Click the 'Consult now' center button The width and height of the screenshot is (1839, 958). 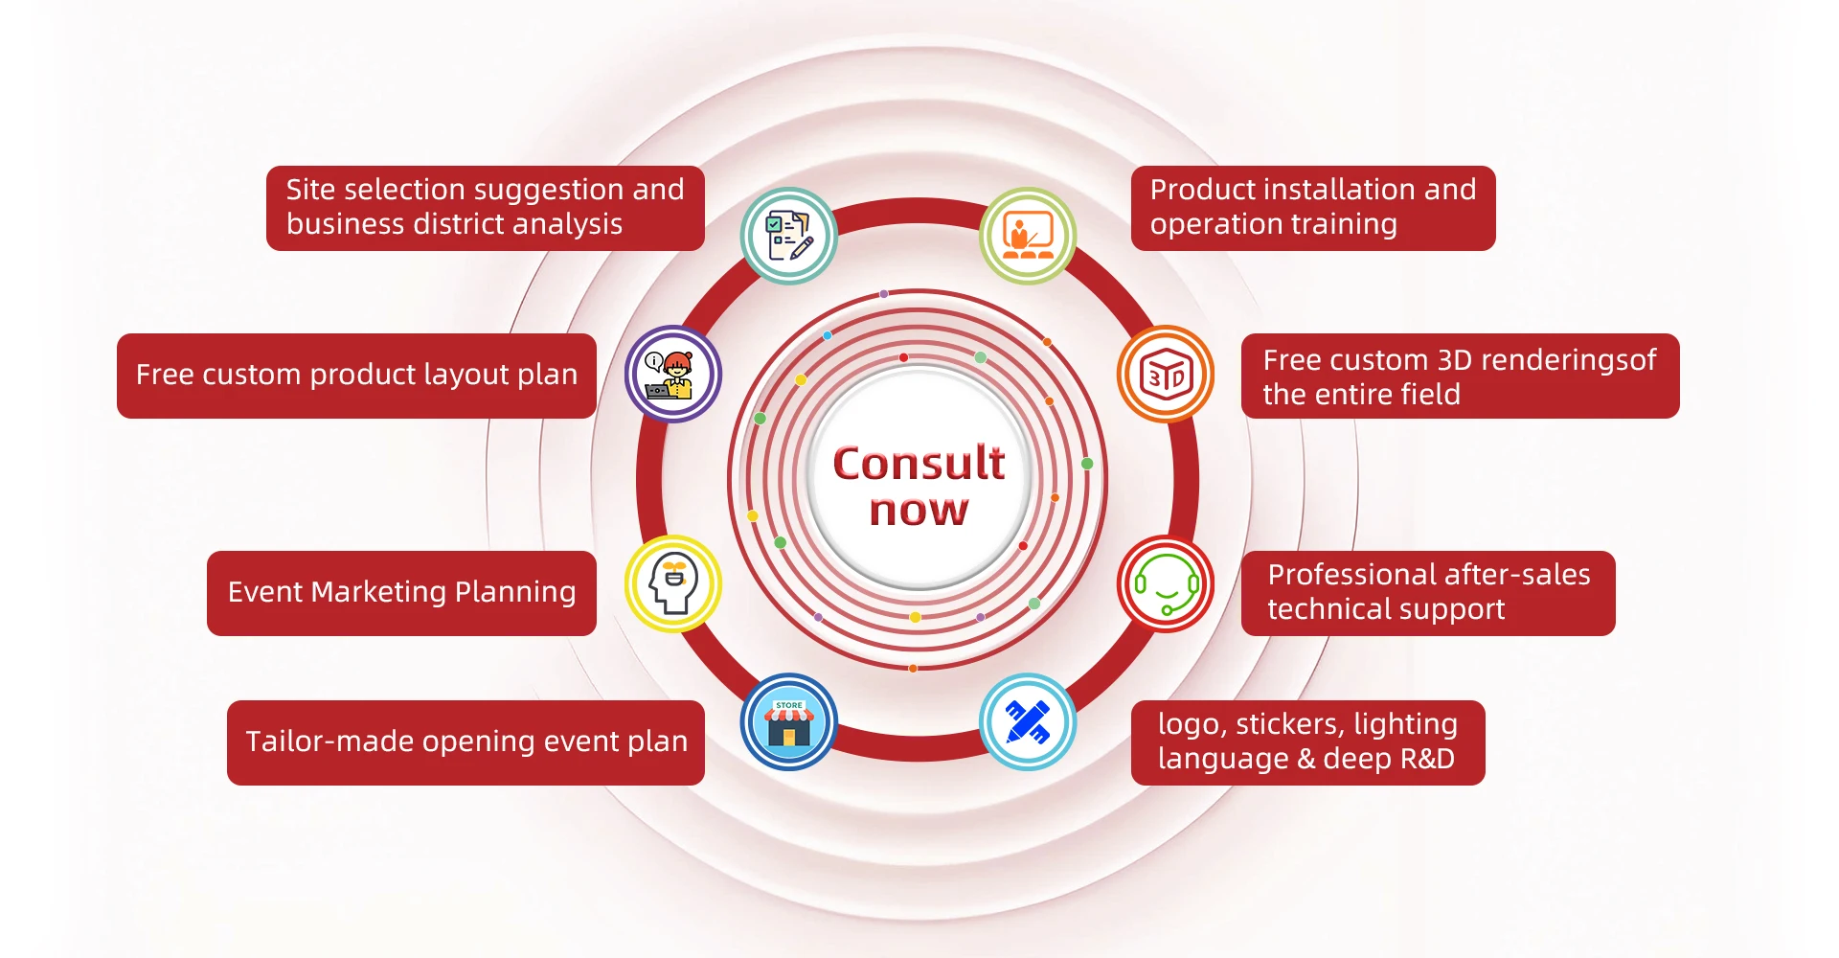tap(919, 484)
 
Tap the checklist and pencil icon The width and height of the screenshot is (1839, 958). tap(788, 236)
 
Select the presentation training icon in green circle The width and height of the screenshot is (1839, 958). tap(1028, 236)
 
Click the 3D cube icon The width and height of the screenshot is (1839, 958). tap(1166, 375)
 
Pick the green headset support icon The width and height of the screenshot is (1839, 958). tap(1166, 583)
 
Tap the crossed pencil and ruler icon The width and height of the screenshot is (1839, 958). tap(1028, 721)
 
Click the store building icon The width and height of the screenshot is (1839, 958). tap(788, 721)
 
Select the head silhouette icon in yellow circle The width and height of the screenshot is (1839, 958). tap(673, 583)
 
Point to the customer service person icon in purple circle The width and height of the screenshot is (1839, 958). tap(673, 375)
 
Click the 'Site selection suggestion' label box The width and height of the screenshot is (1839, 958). tap(485, 208)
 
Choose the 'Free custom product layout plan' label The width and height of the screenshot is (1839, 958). tap(356, 376)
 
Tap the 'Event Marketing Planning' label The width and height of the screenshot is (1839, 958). tap(401, 593)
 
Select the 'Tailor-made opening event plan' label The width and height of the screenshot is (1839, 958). tap(465, 742)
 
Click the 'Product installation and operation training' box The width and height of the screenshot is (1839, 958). tap(1312, 208)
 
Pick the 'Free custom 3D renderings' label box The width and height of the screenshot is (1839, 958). tap(1460, 376)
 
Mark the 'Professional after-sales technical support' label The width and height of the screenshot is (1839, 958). tap(1427, 593)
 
